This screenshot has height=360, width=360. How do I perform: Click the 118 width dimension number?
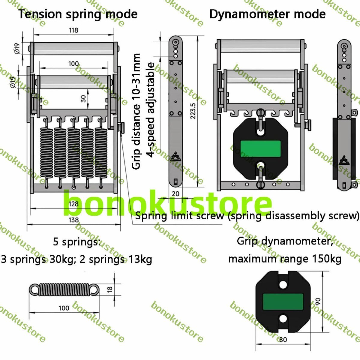tap(73, 30)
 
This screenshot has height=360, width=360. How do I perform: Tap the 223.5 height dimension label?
tap(193, 111)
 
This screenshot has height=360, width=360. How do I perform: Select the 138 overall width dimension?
tap(73, 220)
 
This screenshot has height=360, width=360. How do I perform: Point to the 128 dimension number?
tap(73, 204)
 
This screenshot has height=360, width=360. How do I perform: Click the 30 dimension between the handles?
tap(83, 98)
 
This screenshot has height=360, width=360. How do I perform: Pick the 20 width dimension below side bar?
tap(175, 194)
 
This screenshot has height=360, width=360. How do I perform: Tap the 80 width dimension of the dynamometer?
tap(283, 340)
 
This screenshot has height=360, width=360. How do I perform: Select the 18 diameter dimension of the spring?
tap(110, 289)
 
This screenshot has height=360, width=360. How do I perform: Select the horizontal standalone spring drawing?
tap(64, 289)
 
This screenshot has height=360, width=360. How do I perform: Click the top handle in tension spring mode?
tap(74, 48)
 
